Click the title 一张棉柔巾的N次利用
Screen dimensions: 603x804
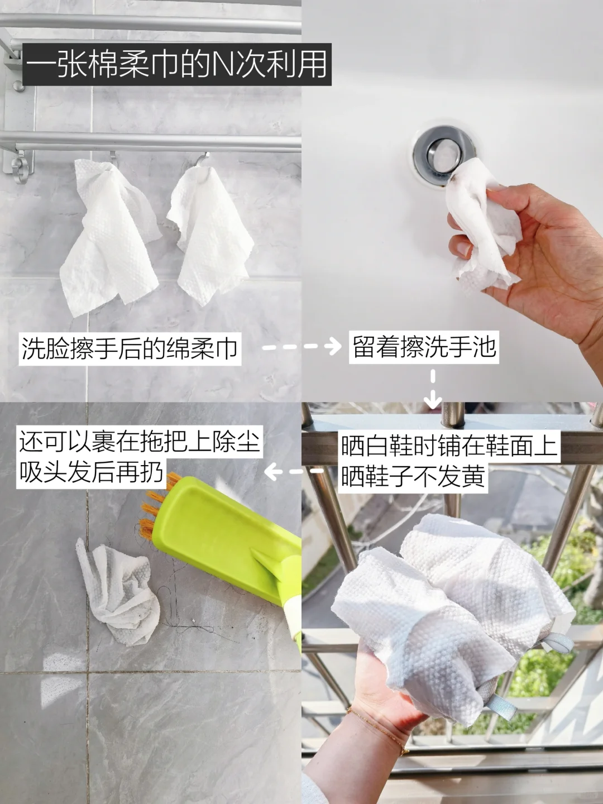(177, 65)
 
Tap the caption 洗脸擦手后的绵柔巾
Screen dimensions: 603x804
(130, 349)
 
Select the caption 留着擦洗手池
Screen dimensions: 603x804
(424, 347)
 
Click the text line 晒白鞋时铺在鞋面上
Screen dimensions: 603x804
(449, 446)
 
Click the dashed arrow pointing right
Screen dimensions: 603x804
(301, 347)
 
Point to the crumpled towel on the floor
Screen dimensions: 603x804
(117, 594)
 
